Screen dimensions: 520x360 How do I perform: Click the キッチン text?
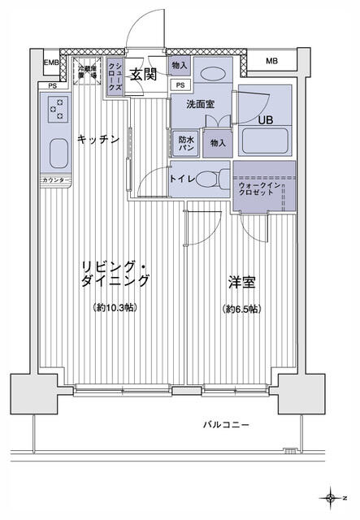click(98, 140)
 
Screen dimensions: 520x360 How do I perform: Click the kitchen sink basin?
click(59, 153)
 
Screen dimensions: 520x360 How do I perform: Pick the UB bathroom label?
click(265, 121)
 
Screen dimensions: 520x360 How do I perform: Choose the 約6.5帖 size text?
click(241, 310)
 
